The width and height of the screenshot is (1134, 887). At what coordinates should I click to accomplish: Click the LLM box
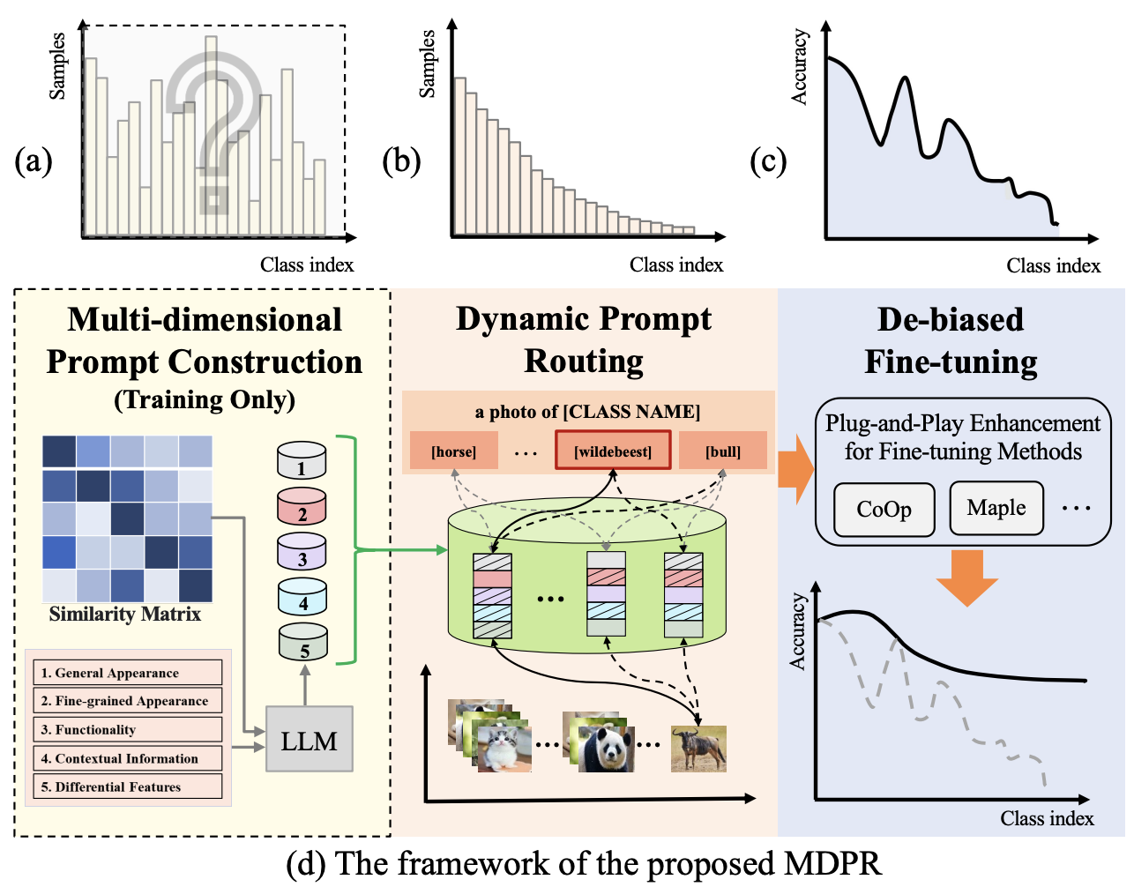[309, 739]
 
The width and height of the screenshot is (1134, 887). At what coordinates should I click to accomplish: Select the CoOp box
[884, 510]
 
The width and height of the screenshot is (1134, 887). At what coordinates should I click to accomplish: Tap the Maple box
[996, 508]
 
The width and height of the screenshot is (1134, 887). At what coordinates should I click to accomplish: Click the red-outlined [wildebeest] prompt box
[613, 451]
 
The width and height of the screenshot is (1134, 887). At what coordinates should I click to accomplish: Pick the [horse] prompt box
[453, 451]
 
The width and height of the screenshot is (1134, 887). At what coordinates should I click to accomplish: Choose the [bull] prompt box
[723, 451]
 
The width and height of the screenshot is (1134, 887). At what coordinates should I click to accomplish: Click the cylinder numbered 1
[302, 460]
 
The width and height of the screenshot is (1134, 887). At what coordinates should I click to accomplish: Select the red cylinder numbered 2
[302, 507]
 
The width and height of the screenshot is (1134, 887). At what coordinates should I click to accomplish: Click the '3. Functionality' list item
[128, 729]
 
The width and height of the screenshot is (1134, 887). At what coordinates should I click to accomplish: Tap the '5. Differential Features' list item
[128, 786]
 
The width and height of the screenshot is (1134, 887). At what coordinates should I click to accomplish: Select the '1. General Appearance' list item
[128, 673]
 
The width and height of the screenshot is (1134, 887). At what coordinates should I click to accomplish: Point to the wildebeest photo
[698, 749]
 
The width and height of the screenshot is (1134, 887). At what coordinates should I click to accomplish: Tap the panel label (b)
[401, 161]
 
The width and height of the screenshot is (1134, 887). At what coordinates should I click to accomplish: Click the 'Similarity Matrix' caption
[125, 614]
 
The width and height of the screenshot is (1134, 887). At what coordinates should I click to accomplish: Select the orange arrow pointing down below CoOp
[966, 578]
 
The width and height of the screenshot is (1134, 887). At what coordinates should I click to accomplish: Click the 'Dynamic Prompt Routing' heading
[584, 340]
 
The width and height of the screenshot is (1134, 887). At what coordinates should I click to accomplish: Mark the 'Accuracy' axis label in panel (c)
[799, 67]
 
